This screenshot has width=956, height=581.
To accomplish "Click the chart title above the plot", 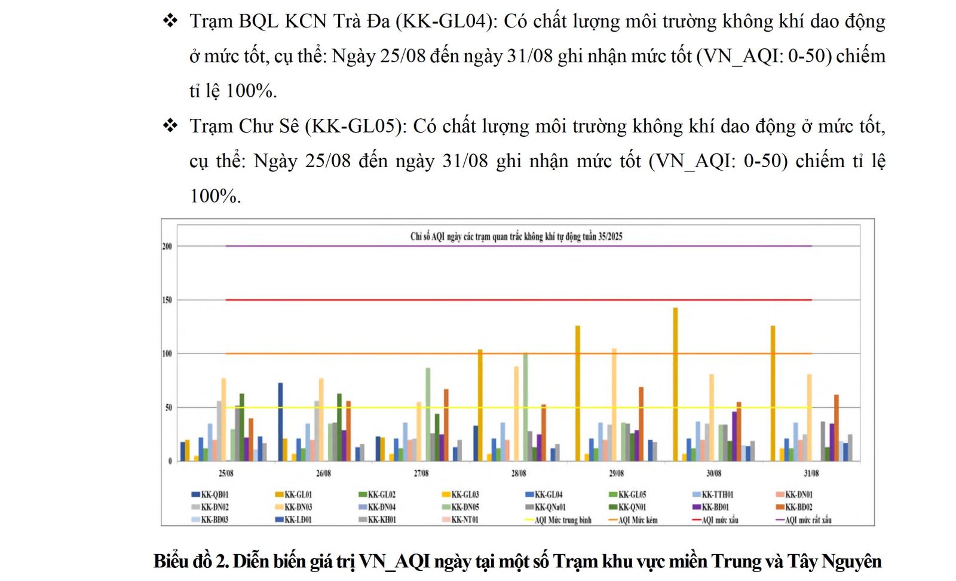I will pos(516,236).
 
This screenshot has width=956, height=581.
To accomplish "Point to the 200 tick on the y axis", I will pos(167,246).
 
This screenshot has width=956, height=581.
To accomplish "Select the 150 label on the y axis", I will pos(167,300).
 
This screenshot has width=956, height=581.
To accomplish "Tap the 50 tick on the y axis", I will pos(168,407).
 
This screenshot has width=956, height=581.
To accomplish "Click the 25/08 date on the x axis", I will pos(226,473).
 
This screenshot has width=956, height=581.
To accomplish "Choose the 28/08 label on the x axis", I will pos(519,473).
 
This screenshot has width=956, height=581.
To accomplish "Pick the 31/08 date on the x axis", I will pos(811,473).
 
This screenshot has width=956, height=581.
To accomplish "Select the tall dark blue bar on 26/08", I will pos(280,422).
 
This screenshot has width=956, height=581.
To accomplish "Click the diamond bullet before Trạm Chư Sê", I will pos(170,126).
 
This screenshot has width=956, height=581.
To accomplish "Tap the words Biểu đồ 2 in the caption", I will pos(191,561).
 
